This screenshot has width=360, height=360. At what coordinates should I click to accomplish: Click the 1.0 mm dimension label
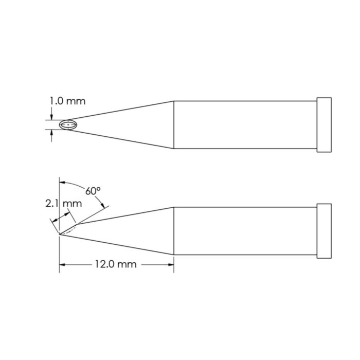(x=67, y=101)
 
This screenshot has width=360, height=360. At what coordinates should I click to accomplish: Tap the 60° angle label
(x=93, y=191)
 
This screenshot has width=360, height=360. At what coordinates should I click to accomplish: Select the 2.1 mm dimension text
(x=63, y=203)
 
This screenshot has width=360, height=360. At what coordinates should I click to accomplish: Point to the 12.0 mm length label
(x=115, y=264)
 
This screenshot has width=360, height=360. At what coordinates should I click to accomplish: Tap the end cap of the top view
(x=324, y=124)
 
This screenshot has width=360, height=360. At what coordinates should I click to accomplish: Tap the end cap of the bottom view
(x=324, y=231)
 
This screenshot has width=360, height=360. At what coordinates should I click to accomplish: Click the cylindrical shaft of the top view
(x=244, y=124)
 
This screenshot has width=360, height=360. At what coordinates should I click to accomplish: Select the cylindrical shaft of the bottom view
(x=244, y=231)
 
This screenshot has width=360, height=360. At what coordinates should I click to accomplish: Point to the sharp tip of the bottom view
(x=60, y=235)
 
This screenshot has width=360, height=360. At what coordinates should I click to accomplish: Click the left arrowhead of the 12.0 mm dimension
(x=63, y=264)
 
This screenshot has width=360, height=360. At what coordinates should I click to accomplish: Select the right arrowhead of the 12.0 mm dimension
(x=171, y=264)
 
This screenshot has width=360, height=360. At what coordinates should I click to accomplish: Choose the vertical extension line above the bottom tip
(x=60, y=206)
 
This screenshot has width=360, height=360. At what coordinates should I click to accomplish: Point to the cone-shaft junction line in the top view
(x=174, y=124)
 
